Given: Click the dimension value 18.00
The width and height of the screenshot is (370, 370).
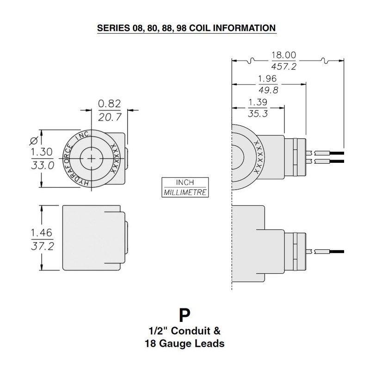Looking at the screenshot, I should [284, 55].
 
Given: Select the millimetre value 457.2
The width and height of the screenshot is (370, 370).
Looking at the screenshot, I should [284, 67].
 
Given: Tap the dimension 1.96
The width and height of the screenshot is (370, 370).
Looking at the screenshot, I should [267, 78].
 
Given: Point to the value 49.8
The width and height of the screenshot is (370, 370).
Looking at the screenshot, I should [267, 90].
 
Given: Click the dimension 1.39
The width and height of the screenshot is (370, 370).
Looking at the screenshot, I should [258, 101].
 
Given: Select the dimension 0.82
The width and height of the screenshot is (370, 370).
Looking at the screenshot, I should [109, 104].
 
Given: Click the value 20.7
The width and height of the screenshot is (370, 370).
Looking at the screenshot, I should [109, 117].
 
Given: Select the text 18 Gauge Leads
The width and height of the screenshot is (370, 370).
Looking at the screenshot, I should [184, 344].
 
